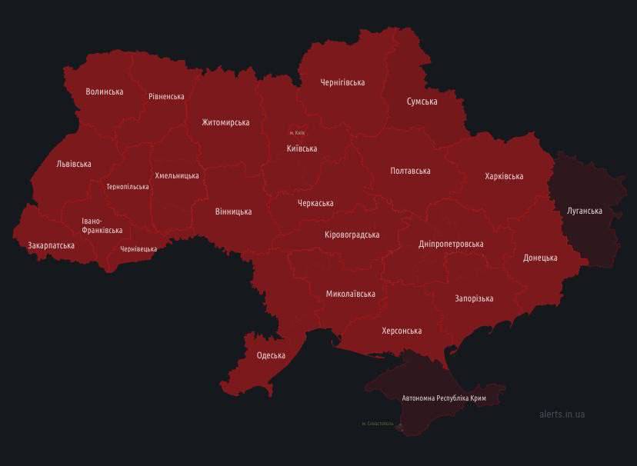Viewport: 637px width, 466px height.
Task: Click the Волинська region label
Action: click(105, 92)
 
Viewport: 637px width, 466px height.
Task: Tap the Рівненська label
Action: click(166, 97)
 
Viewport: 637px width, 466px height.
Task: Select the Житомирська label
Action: click(225, 122)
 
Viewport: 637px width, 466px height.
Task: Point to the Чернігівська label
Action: click(342, 82)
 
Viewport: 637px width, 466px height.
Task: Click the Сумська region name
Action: click(422, 102)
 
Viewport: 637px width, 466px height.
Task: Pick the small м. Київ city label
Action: click(297, 133)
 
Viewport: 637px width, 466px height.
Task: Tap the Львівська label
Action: click(74, 164)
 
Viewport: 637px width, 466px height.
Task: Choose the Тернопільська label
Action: click(128, 187)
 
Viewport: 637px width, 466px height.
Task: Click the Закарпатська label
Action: click(51, 245)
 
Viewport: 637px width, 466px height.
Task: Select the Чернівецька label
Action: click(138, 249)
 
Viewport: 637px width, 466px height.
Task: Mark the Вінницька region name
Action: click(233, 211)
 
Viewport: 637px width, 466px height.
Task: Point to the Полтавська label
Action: click(410, 171)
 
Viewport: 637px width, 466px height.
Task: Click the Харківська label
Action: click(504, 176)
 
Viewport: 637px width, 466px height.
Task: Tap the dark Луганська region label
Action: click(584, 211)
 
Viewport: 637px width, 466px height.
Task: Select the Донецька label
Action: click(540, 258)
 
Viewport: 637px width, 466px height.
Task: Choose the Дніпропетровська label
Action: click(451, 244)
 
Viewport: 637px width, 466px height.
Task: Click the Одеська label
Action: click(271, 355)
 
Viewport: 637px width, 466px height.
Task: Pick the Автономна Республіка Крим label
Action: click(444, 398)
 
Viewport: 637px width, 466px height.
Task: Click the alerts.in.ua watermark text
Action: click(562, 414)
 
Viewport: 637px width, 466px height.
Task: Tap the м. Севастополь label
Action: click(377, 424)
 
